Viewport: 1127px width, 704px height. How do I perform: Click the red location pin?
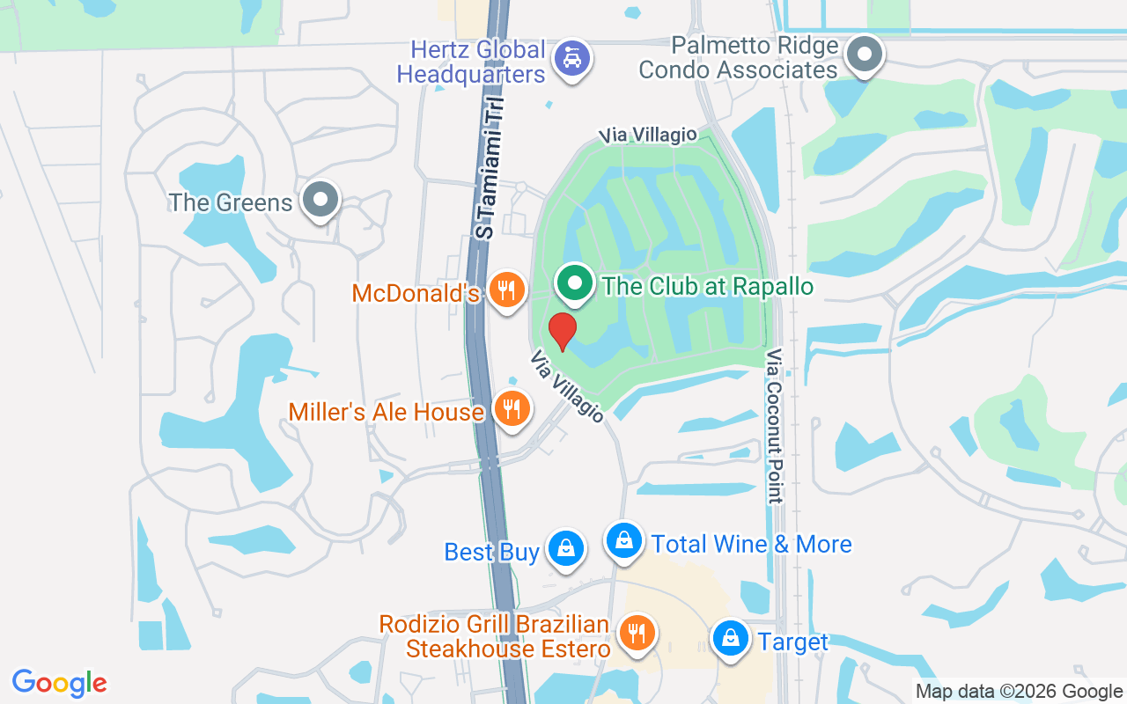pyautogui.click(x=562, y=331)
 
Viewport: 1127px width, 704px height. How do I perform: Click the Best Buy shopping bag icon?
pyautogui.click(x=566, y=549)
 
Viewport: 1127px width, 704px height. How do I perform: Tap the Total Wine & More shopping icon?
pyautogui.click(x=624, y=540)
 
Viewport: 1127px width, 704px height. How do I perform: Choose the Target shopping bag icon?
pyautogui.click(x=730, y=639)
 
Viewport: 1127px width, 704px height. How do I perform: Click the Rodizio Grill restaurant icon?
pyautogui.click(x=634, y=633)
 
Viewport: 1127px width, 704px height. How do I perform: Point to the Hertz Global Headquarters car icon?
pyautogui.click(x=572, y=60)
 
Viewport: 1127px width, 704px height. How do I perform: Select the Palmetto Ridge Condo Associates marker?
pyautogui.click(x=865, y=55)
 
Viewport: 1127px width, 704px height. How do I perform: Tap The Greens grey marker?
pyautogui.click(x=320, y=200)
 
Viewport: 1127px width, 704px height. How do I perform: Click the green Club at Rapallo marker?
pyautogui.click(x=576, y=284)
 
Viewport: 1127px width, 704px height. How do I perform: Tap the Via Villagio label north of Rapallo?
pyautogui.click(x=648, y=135)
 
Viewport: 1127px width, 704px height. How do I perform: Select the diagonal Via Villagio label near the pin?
pyautogui.click(x=567, y=386)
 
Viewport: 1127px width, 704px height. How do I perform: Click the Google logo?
pyautogui.click(x=60, y=683)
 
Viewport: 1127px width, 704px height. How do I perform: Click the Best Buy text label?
pyautogui.click(x=491, y=552)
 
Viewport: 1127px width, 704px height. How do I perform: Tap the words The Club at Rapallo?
pyautogui.click(x=707, y=286)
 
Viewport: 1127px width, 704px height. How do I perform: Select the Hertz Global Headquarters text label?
pyautogui.click(x=471, y=62)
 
